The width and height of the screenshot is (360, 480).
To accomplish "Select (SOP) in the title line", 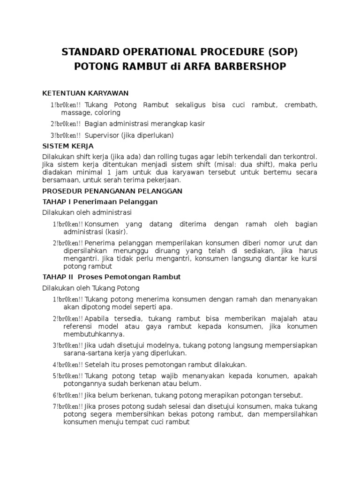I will (x=279, y=52).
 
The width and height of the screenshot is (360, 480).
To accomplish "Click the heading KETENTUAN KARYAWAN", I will (x=85, y=93).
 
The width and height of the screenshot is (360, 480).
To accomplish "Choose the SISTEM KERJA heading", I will (x=68, y=146).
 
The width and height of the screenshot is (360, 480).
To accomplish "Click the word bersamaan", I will (x=60, y=180).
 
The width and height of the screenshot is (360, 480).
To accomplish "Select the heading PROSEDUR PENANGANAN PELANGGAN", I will (x=112, y=191).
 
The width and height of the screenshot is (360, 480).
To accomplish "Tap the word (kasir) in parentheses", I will (x=116, y=232).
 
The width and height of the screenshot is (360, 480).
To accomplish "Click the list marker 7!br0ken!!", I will (x=68, y=406).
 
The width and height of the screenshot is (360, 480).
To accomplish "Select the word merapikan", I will (x=210, y=395).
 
